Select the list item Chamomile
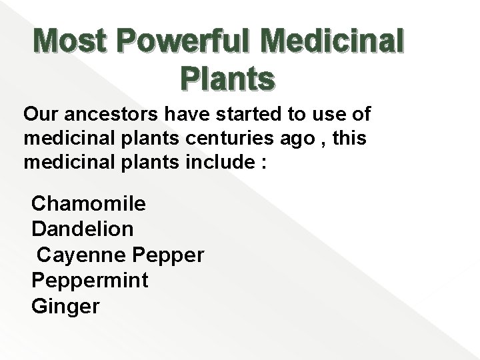(89, 203)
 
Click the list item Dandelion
(83, 229)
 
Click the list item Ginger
(65, 307)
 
